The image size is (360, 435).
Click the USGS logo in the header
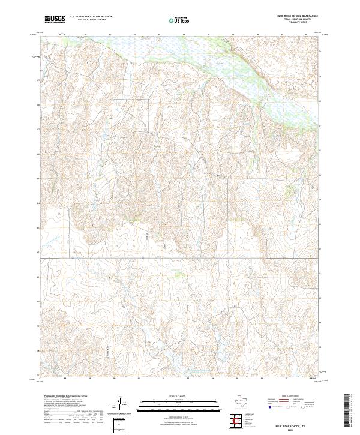[x=55, y=19]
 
